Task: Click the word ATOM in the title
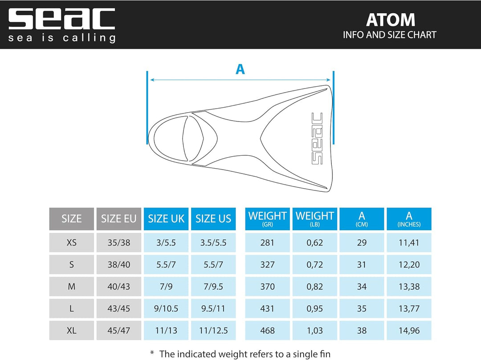pyautogui.click(x=390, y=20)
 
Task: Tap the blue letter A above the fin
pyautogui.click(x=240, y=69)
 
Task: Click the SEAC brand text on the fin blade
pyautogui.click(x=317, y=138)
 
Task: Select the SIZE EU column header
pyautogui.click(x=118, y=219)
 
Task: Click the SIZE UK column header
pyautogui.click(x=166, y=219)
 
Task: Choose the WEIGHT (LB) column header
pyautogui.click(x=314, y=219)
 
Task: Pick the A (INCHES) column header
pyautogui.click(x=409, y=219)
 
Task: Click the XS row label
pyautogui.click(x=71, y=243)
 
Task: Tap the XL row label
pyautogui.click(x=71, y=331)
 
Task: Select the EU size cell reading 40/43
pyautogui.click(x=118, y=287)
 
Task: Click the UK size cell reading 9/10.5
pyautogui.click(x=166, y=309)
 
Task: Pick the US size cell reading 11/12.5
pyautogui.click(x=213, y=331)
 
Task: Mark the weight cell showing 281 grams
pyautogui.click(x=267, y=243)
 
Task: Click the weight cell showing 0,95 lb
pyautogui.click(x=314, y=309)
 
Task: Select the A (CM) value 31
pyautogui.click(x=362, y=265)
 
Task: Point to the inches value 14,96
pyautogui.click(x=409, y=331)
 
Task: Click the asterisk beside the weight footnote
pyautogui.click(x=152, y=353)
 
